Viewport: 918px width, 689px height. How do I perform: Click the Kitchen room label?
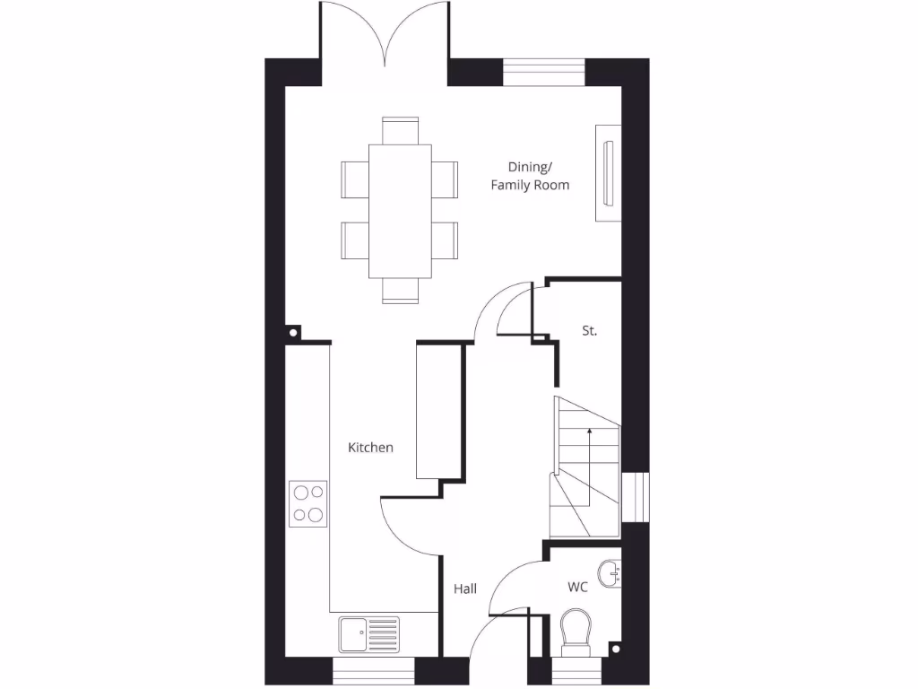(x=370, y=447)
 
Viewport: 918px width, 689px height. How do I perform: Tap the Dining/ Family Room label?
(x=530, y=176)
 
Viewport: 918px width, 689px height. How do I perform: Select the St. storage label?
(x=589, y=331)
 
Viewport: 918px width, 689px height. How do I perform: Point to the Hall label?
(x=464, y=589)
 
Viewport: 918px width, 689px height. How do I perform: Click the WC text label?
(x=577, y=588)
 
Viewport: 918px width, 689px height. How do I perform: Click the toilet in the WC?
(x=574, y=632)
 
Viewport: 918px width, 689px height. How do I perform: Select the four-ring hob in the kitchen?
(x=307, y=503)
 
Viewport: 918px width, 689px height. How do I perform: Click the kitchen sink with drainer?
(x=368, y=635)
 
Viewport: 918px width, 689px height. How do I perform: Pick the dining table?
(x=399, y=211)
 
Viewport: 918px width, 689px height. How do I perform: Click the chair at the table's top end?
(x=400, y=129)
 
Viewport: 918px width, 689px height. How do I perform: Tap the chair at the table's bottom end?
(x=400, y=291)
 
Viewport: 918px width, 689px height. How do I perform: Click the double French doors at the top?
(x=385, y=36)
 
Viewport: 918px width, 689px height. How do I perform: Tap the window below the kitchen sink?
(x=374, y=671)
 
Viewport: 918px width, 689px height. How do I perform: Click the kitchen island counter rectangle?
(x=437, y=411)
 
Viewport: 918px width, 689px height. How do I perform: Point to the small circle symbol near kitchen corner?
(x=293, y=333)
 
